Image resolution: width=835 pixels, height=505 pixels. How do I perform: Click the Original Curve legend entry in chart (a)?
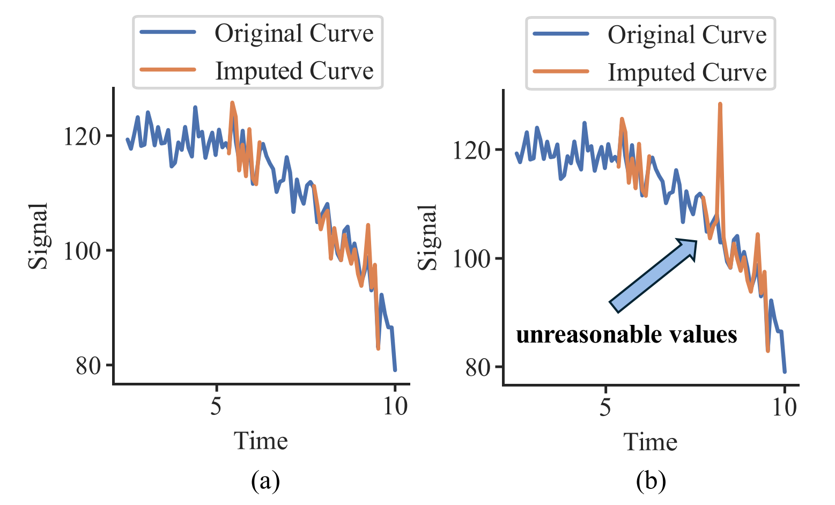(x=257, y=33)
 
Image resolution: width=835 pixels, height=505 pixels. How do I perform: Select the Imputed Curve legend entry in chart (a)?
(x=257, y=70)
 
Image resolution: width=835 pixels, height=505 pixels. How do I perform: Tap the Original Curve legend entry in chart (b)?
(x=650, y=35)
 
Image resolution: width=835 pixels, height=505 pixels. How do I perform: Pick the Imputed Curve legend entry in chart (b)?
(x=650, y=71)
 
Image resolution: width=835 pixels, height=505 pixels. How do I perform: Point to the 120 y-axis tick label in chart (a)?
(x=83, y=136)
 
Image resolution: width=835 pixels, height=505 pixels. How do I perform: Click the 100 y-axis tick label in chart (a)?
(x=83, y=251)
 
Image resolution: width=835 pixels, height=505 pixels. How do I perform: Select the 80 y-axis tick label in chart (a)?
(x=88, y=366)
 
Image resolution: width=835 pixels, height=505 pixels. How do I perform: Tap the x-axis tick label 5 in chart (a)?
(x=216, y=406)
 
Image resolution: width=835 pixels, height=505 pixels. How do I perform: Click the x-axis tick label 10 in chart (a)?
(x=395, y=406)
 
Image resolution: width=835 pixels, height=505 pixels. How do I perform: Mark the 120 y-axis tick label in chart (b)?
(x=471, y=151)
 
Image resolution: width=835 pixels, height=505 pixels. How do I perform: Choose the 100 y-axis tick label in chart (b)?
(x=471, y=258)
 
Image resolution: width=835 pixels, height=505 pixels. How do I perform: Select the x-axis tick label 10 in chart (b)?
(x=785, y=407)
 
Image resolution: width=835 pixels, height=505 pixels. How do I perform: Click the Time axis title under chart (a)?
(x=261, y=441)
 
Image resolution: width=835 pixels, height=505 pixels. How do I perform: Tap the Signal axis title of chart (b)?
(x=427, y=237)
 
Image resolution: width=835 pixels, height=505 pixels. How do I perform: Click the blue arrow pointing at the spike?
(x=653, y=276)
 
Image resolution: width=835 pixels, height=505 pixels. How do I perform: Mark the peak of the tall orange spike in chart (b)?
(x=720, y=104)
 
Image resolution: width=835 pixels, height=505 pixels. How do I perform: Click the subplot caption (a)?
(x=265, y=481)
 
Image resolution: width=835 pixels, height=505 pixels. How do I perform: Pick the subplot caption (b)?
(x=651, y=481)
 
